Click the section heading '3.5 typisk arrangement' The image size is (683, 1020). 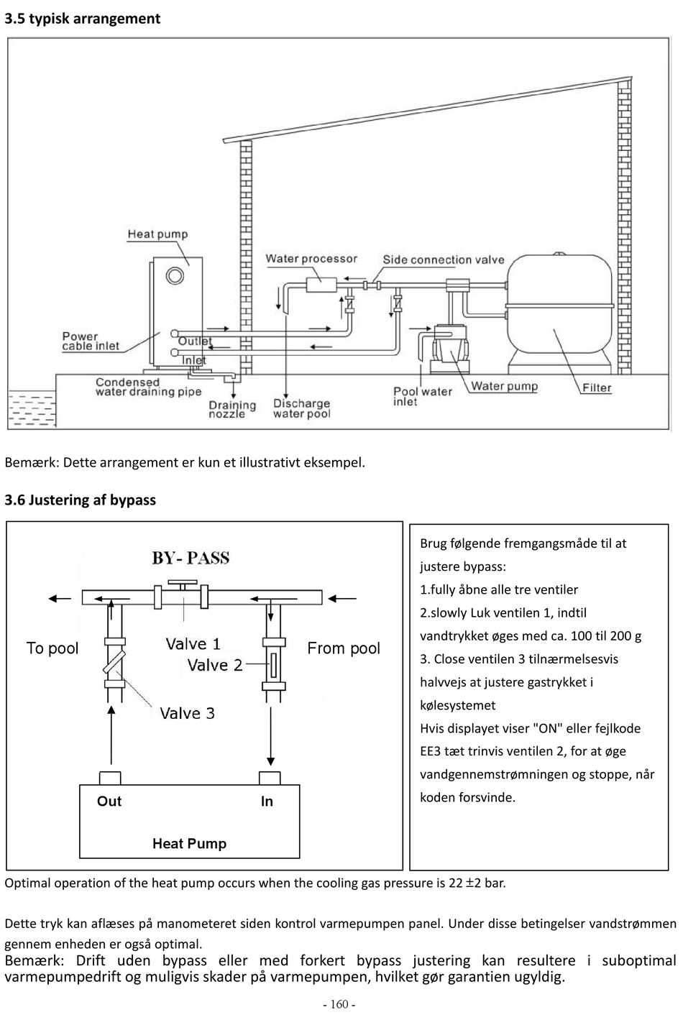83,19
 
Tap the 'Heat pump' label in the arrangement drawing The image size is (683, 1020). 157,234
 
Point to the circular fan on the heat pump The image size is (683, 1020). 175,275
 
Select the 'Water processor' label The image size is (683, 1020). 311,259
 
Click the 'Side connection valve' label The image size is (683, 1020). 444,259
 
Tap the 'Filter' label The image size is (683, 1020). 597,388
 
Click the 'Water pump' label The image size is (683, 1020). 504,386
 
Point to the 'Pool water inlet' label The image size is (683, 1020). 423,397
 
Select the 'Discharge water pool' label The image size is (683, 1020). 302,408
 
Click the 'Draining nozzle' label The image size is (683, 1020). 232,409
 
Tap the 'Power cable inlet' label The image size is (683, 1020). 91,341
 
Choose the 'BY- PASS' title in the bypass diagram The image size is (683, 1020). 191,558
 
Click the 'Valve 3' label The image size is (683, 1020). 187,713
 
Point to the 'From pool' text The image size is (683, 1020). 344,648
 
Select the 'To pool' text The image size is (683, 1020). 52,648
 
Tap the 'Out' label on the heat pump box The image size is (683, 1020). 109,801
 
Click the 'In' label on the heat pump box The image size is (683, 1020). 267,801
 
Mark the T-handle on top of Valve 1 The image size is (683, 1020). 183,583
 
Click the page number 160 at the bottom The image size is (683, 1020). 339,1004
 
